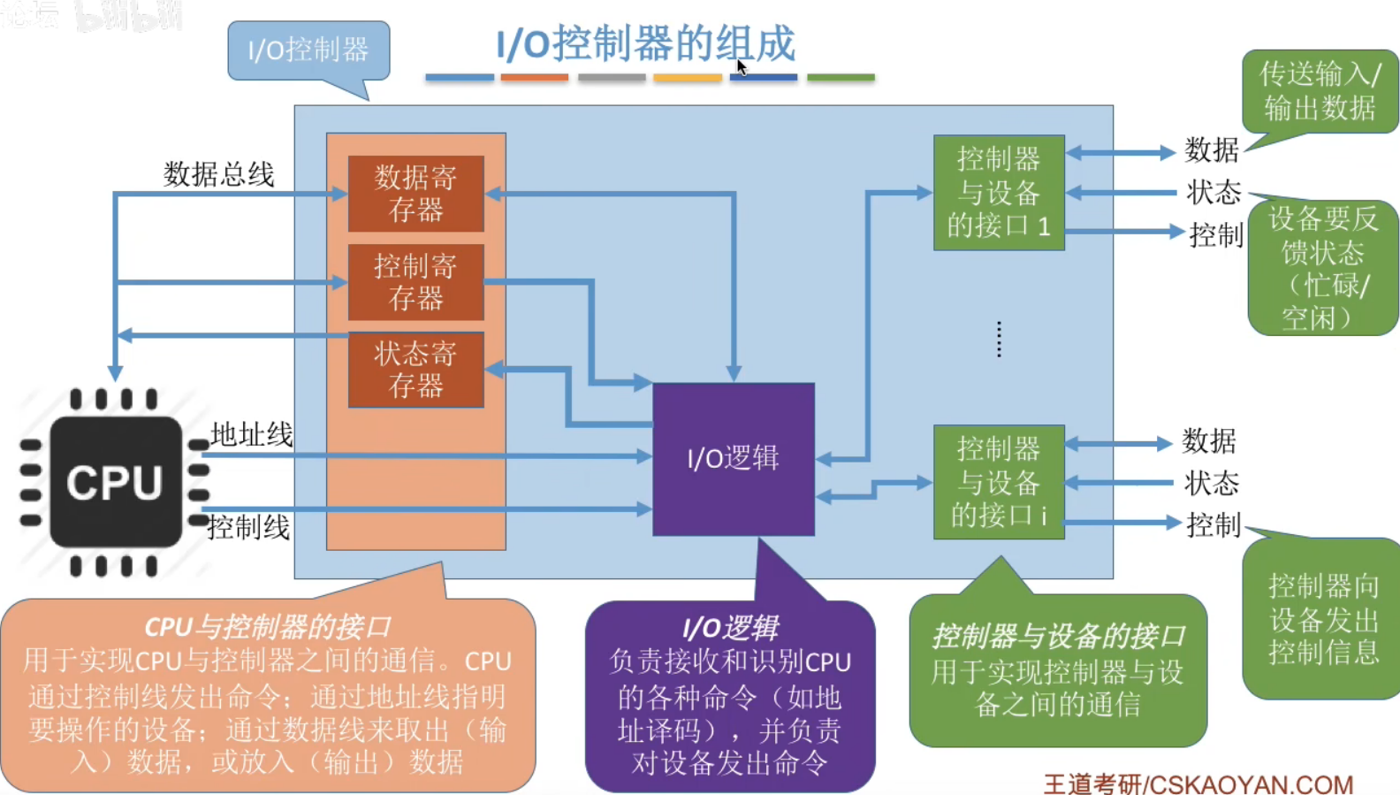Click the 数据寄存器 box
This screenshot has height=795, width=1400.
tap(415, 194)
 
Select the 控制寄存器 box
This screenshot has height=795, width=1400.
tap(415, 282)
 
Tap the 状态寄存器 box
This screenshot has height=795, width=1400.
tap(415, 370)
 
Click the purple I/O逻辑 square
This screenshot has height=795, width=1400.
tap(734, 459)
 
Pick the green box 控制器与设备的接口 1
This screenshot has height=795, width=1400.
tap(999, 193)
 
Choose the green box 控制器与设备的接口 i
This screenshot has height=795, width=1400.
tap(999, 483)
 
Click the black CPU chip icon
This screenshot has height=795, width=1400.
tap(115, 483)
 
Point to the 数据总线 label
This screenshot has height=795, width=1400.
tap(219, 174)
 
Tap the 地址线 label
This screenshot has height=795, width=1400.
tap(252, 434)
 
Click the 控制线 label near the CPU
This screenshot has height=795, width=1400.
tap(249, 528)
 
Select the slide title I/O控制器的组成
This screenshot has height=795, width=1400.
tap(645, 44)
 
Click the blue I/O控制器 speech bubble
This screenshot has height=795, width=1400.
tap(308, 50)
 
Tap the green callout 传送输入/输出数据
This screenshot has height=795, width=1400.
tap(1320, 91)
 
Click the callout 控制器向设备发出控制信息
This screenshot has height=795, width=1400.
tap(1323, 619)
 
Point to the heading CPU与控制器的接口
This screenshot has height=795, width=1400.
tap(267, 627)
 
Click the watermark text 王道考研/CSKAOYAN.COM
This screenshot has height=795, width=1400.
tap(1198, 784)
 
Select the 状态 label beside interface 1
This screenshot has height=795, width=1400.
tap(1214, 192)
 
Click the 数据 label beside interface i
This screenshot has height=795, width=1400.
tap(1209, 440)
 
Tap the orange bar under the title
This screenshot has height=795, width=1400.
tap(534, 78)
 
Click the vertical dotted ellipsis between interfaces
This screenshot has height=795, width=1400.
tap(999, 340)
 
